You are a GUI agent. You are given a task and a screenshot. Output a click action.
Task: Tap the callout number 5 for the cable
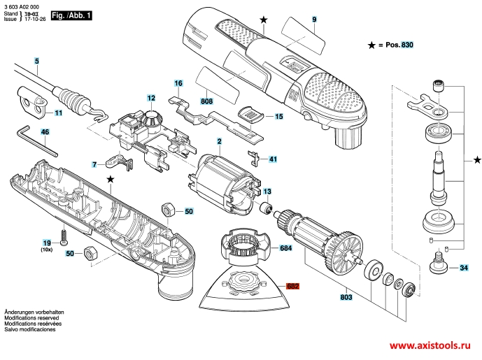click(x=36, y=62)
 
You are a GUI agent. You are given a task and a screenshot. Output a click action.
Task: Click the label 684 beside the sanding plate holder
click(x=285, y=248)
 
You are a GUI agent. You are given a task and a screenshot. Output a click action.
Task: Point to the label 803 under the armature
click(x=345, y=298)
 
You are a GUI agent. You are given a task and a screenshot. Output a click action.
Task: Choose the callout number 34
click(x=464, y=268)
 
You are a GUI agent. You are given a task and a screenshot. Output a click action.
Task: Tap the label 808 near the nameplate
click(x=206, y=101)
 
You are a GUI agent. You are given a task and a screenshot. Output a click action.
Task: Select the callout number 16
click(x=178, y=83)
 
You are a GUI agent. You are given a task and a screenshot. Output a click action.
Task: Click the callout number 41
click(x=273, y=159)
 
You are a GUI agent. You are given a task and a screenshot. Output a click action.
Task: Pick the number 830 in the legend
click(x=408, y=45)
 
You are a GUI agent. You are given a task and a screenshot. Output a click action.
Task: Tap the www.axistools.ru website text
click(x=430, y=346)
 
